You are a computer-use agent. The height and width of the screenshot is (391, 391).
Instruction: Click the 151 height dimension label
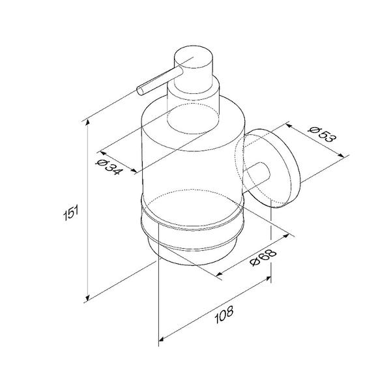click(71, 212)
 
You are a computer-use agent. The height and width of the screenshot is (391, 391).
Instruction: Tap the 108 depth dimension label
click(224, 315)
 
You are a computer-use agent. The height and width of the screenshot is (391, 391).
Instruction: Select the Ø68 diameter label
click(263, 257)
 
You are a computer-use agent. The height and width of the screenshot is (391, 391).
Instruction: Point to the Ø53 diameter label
click(322, 134)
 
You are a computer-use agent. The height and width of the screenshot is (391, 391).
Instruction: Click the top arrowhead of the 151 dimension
click(87, 123)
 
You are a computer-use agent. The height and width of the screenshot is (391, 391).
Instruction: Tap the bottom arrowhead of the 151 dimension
click(87, 298)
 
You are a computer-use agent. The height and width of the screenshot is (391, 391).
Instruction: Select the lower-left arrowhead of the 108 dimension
click(162, 339)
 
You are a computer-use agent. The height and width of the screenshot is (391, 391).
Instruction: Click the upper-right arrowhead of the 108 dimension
click(268, 278)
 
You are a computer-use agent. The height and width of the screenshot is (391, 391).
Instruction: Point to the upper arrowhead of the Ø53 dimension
click(289, 125)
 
